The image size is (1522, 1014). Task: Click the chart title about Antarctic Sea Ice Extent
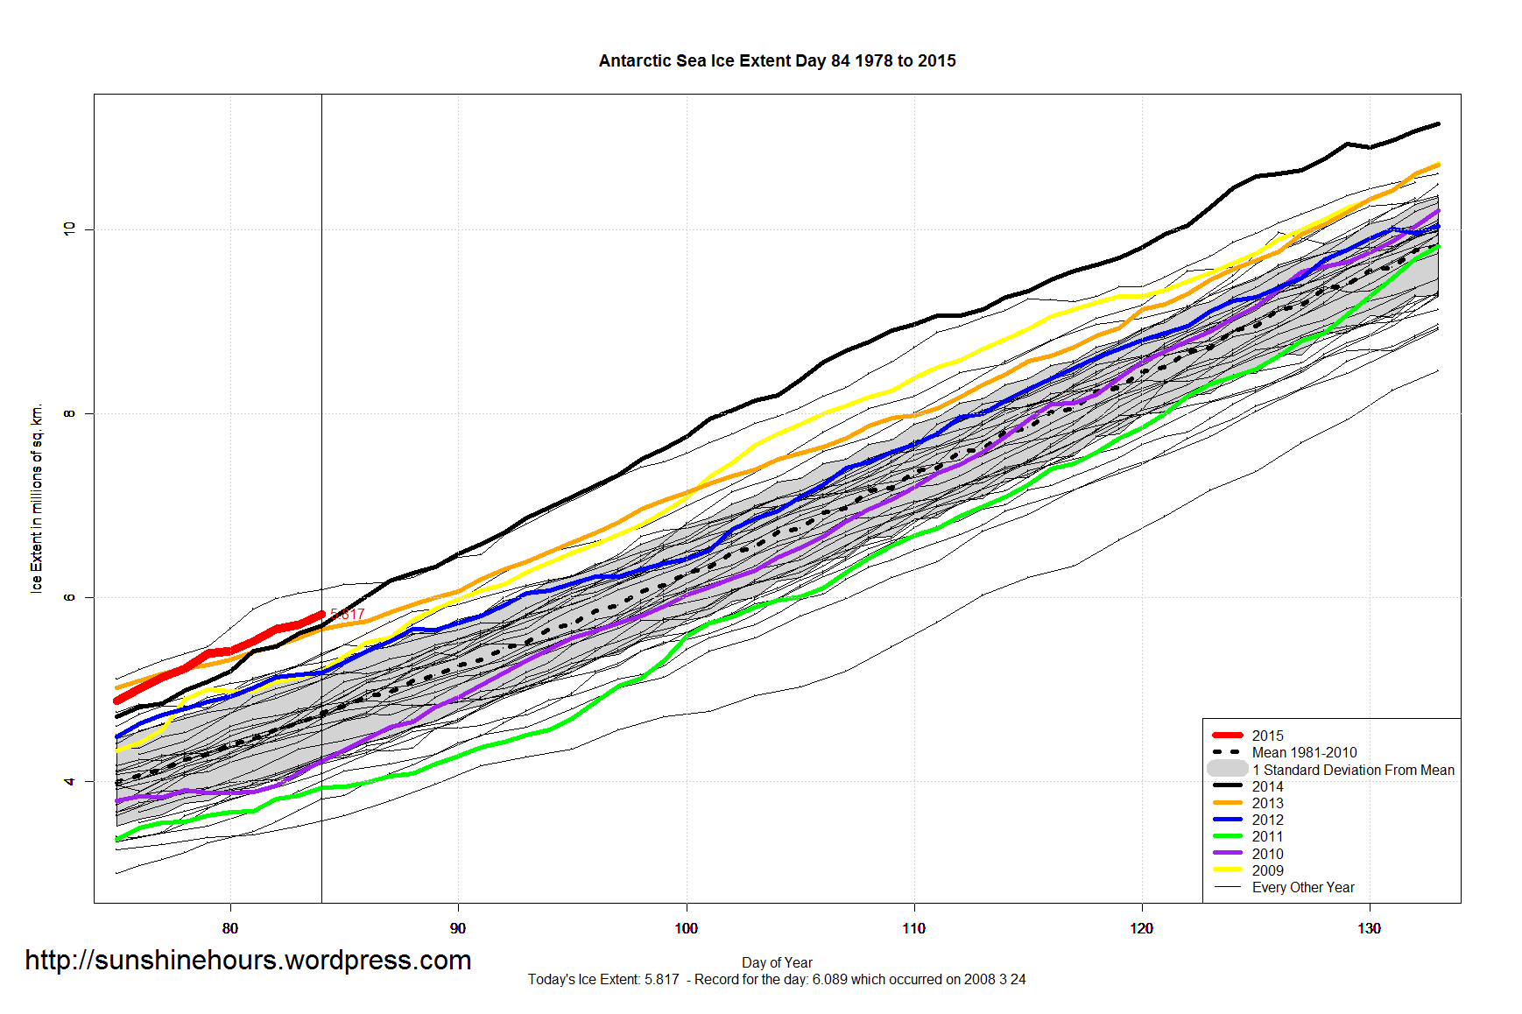pos(777,61)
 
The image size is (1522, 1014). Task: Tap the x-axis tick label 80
pos(230,928)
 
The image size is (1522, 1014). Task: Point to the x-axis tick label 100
pos(686,928)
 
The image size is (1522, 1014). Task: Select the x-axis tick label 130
pos(1369,928)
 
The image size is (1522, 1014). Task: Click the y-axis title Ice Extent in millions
pos(37,499)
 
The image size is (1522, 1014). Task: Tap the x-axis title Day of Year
pos(777,962)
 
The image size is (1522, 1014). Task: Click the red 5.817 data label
pos(348,615)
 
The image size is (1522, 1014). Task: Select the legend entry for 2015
pos(1267,736)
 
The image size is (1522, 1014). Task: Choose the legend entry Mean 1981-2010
pos(1304,752)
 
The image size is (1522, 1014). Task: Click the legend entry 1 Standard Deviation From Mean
pos(1353,770)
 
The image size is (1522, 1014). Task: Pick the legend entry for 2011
pos(1267,836)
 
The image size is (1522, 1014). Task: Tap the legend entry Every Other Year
pos(1303,887)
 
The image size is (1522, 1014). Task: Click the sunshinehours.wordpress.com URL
pos(248,961)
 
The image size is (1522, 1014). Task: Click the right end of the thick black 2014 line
pos(1438,124)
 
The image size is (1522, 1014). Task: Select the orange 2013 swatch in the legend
pos(1227,803)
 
